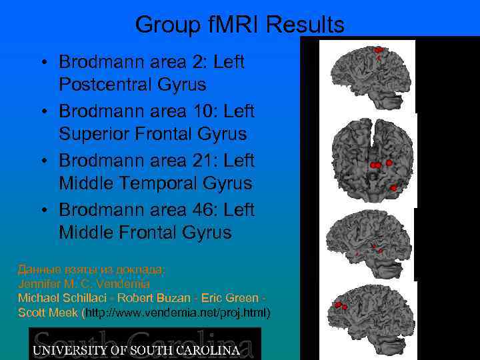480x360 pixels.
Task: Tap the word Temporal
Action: [156, 184]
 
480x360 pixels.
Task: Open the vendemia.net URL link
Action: [175, 312]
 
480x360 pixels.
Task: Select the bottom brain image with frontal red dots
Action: [364, 318]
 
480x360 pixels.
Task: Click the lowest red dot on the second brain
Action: [394, 188]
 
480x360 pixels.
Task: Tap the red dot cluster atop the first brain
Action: [378, 50]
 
